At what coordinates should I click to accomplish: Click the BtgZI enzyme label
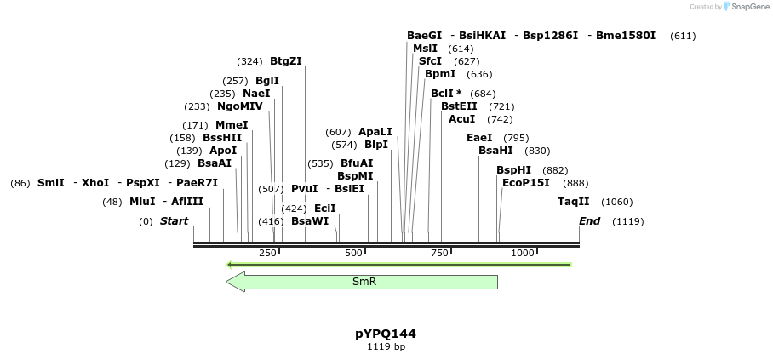click(x=285, y=61)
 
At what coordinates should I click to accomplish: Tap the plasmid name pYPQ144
click(x=386, y=334)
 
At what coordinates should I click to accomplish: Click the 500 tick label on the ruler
click(x=353, y=253)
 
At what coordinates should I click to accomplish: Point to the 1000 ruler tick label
click(x=523, y=253)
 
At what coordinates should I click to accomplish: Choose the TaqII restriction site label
click(x=573, y=202)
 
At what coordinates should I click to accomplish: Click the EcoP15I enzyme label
click(x=525, y=183)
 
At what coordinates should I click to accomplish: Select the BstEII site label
click(x=459, y=106)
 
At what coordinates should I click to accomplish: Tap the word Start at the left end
click(x=174, y=221)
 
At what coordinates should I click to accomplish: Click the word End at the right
click(x=589, y=221)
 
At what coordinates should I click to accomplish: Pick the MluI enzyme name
click(x=142, y=202)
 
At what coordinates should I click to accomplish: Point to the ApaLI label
click(x=375, y=132)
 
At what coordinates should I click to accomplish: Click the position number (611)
click(x=683, y=36)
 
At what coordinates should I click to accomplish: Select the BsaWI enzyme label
click(x=309, y=221)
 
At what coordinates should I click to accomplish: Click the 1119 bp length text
click(x=386, y=347)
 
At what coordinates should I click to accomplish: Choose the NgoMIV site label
click(x=240, y=106)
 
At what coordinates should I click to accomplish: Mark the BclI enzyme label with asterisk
click(x=446, y=94)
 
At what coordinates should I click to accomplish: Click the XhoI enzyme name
click(x=95, y=183)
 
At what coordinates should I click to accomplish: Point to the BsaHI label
click(x=495, y=151)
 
